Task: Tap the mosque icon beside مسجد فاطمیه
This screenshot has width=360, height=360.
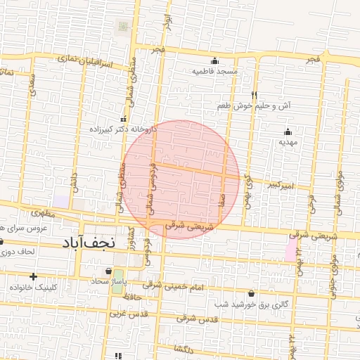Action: click(x=214, y=60)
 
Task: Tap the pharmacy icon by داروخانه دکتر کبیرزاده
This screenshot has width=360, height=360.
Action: click(x=124, y=119)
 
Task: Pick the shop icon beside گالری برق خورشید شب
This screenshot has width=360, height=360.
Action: click(x=251, y=293)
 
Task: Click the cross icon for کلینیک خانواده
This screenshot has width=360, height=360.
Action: click(x=33, y=276)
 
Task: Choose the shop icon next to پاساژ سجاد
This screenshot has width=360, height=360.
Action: click(x=108, y=271)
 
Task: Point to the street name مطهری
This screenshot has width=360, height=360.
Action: click(x=43, y=212)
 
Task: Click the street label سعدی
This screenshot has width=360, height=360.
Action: click(x=31, y=86)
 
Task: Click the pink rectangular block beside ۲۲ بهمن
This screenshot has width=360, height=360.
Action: click(x=290, y=248)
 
